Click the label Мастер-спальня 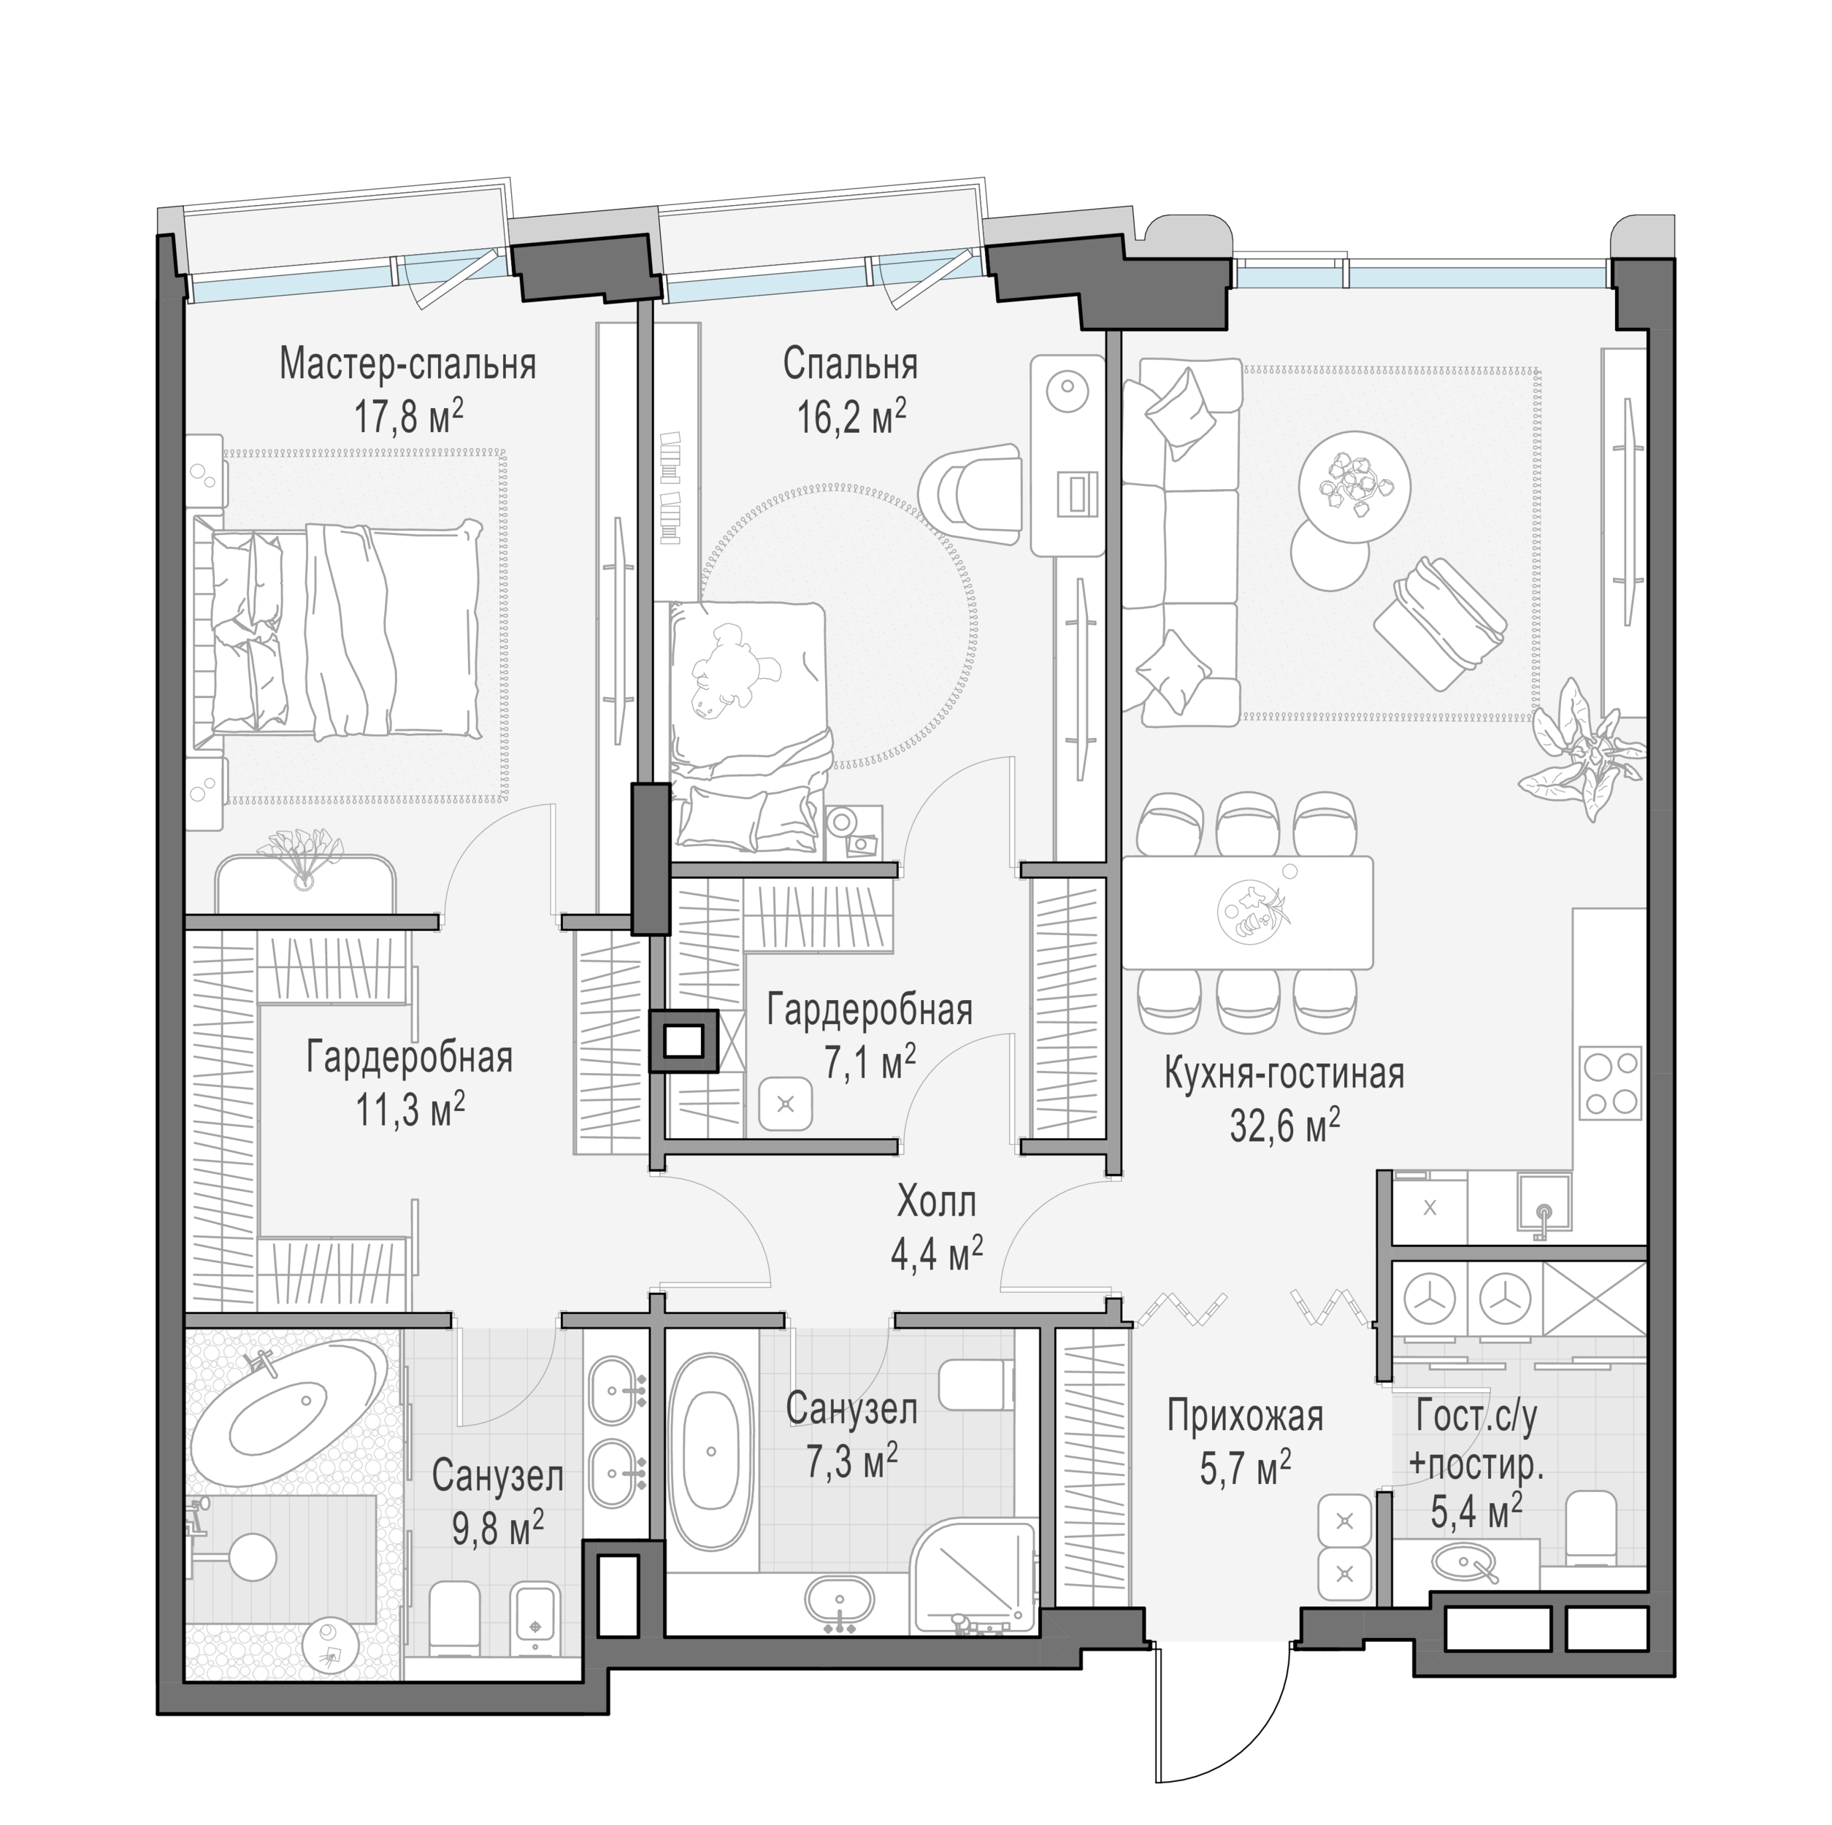tap(407, 365)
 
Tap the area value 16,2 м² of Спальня tap(851, 415)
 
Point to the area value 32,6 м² tap(1285, 1126)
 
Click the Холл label tap(936, 1203)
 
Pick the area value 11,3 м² tap(410, 1108)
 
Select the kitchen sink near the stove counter tap(1544, 1210)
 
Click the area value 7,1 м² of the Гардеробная tap(869, 1064)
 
